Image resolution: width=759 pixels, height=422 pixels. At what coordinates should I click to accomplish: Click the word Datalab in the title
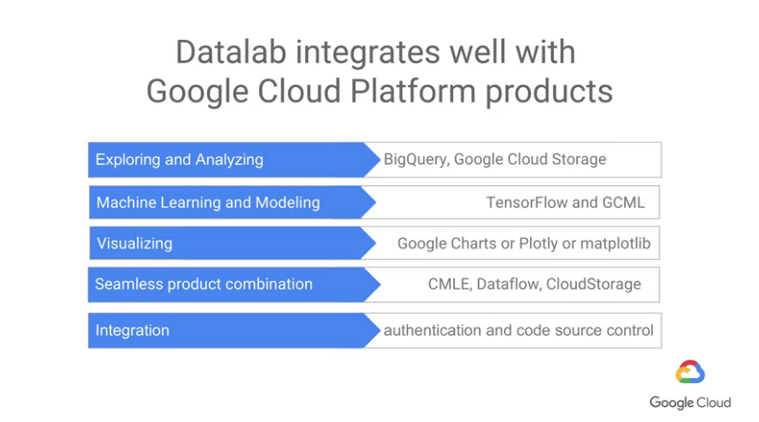click(x=231, y=52)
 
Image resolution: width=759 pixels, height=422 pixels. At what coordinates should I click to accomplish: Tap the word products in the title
click(x=549, y=92)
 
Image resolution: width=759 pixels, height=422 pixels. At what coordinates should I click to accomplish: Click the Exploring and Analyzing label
click(x=179, y=160)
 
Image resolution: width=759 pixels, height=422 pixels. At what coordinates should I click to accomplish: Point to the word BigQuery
click(x=416, y=160)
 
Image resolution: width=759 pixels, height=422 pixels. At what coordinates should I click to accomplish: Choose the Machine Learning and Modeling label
click(x=208, y=202)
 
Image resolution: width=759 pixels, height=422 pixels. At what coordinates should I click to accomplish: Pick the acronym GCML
click(x=623, y=202)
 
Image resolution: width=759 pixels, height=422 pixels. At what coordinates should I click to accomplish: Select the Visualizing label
click(x=135, y=244)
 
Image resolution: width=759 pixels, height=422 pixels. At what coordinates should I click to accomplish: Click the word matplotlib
click(x=615, y=244)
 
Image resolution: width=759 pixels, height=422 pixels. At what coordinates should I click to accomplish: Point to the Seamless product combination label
click(x=204, y=284)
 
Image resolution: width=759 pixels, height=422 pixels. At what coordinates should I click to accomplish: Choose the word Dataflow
click(x=509, y=284)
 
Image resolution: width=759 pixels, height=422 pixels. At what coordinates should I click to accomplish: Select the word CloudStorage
click(x=594, y=284)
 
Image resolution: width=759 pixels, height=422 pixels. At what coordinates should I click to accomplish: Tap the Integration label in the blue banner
click(x=132, y=331)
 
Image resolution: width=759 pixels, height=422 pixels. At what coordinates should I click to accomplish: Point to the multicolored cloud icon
click(x=690, y=372)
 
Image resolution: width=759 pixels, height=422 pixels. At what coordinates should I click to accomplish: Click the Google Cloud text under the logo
click(x=690, y=403)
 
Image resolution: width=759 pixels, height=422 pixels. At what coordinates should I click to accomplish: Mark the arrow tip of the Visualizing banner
click(x=376, y=243)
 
